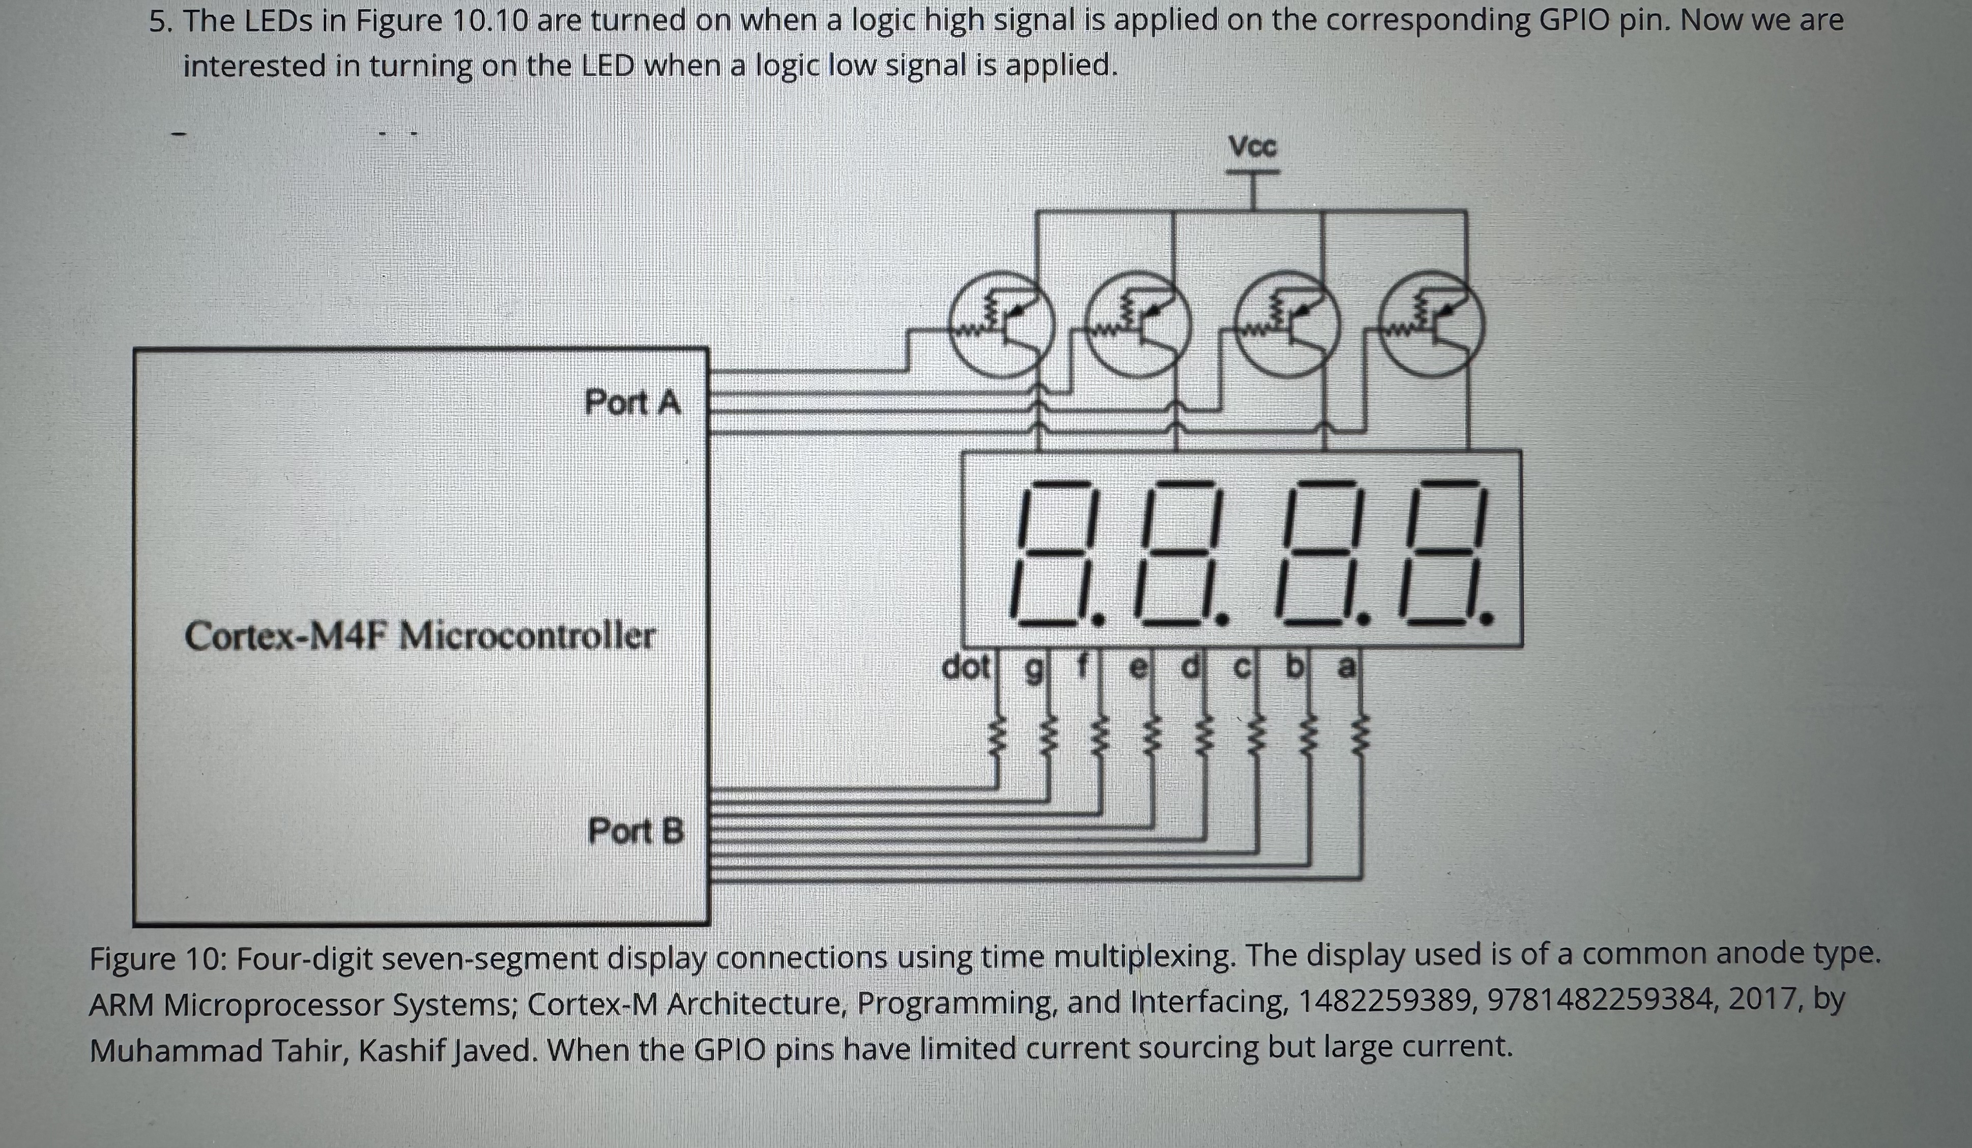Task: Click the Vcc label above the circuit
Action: click(x=1252, y=147)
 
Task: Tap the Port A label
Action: click(x=632, y=403)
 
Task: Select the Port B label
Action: click(x=635, y=831)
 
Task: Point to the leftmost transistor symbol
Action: click(x=1000, y=325)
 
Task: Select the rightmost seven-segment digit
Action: click(x=1444, y=552)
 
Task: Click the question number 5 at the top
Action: click(x=160, y=22)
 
